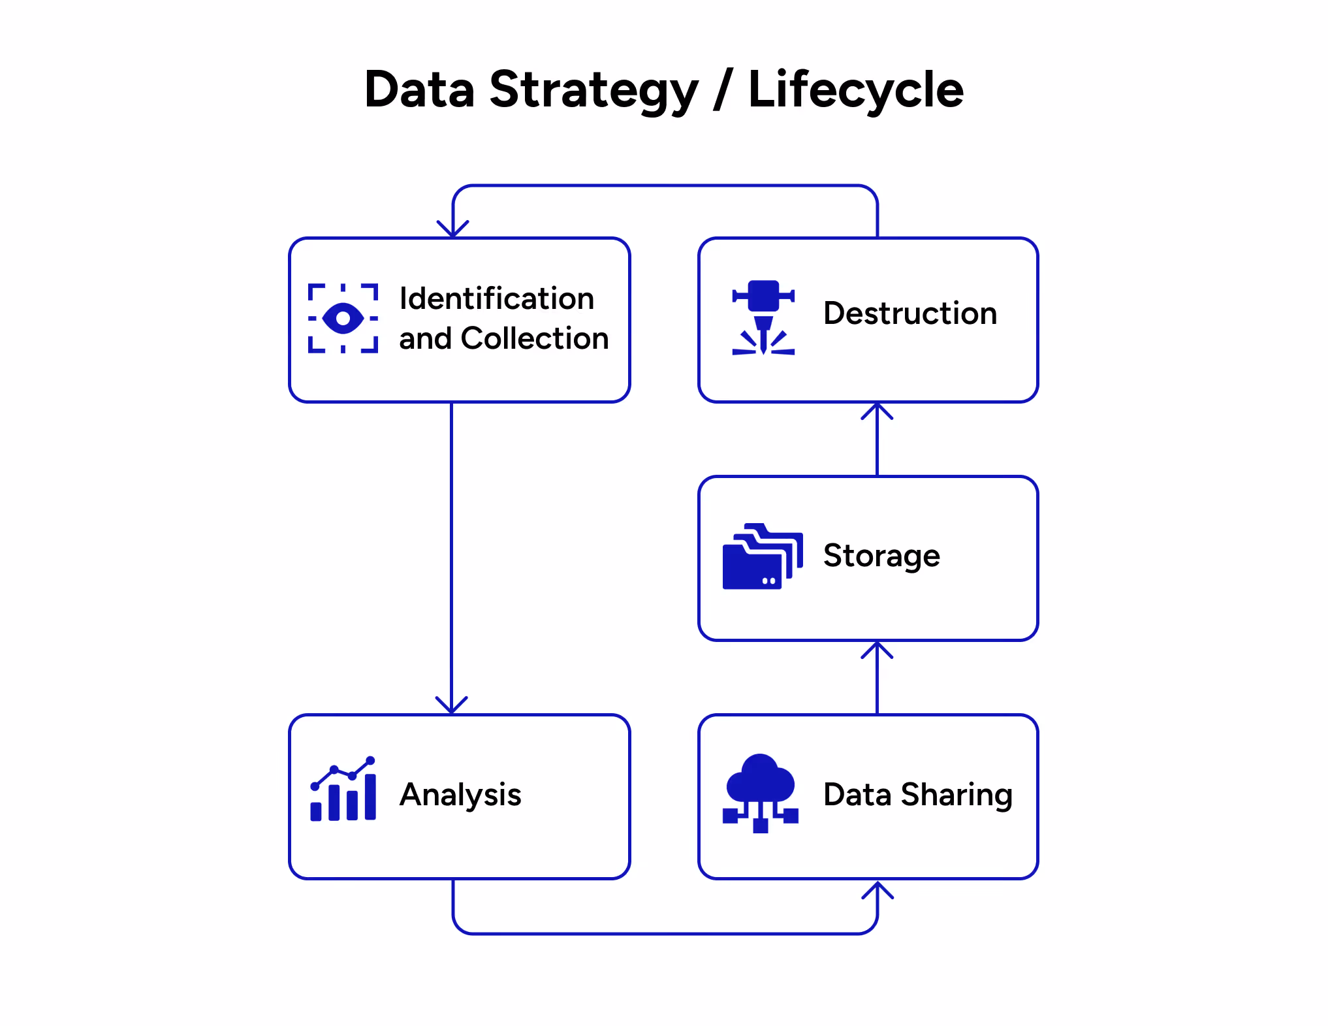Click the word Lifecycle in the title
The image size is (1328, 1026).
[x=855, y=90]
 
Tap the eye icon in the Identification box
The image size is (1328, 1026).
[x=343, y=319]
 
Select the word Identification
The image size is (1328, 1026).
[x=497, y=298]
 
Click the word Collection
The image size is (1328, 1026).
[x=534, y=338]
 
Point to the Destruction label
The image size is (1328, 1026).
[x=910, y=313]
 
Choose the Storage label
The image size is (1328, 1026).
[x=881, y=556]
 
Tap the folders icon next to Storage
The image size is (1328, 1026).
[x=762, y=556]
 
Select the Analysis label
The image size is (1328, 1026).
[x=460, y=795]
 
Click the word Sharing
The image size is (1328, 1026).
[x=956, y=795]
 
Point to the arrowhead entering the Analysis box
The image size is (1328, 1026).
[x=452, y=706]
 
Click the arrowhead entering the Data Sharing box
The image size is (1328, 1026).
[x=877, y=890]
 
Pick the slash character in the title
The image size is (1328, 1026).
[x=723, y=90]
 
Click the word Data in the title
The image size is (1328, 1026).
[x=419, y=90]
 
